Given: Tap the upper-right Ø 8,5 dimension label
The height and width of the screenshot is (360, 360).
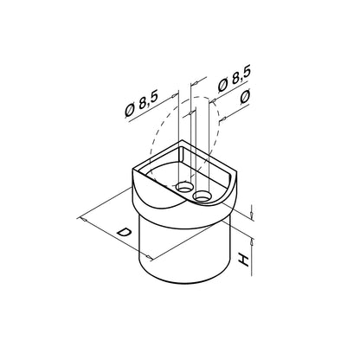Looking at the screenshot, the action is (x=235, y=79).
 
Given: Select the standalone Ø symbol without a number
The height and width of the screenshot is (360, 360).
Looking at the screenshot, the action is (x=246, y=97).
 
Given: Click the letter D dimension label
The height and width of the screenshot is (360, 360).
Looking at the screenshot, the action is (x=123, y=233).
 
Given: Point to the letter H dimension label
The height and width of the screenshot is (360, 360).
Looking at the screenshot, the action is (x=243, y=260).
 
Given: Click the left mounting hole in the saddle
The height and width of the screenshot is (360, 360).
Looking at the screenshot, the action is (x=184, y=187).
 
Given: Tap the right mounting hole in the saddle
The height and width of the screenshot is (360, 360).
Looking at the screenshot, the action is (x=202, y=196).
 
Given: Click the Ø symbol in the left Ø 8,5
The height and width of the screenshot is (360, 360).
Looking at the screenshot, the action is (x=130, y=111).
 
